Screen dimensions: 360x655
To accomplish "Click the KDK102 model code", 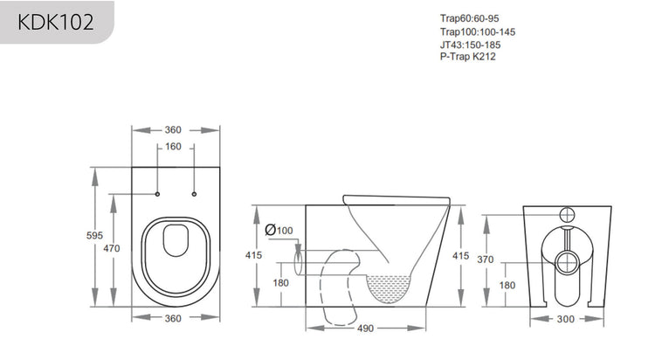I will pos(55,21).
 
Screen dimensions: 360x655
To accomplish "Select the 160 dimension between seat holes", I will pos(174,147).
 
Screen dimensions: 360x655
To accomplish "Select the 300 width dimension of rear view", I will pos(565,319).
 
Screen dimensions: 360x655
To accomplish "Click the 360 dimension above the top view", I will pos(174,129).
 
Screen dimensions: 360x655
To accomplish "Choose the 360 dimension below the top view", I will pos(174,319).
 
